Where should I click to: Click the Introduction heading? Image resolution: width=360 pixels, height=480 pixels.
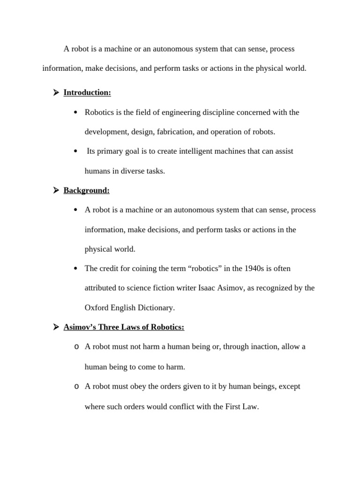coord(87,92)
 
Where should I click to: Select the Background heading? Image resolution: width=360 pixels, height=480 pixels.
coord(86,190)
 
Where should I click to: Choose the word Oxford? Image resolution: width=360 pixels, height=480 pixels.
coord(96,308)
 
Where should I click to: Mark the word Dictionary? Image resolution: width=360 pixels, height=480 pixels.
coord(156,308)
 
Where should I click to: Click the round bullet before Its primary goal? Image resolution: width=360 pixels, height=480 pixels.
coord(75,151)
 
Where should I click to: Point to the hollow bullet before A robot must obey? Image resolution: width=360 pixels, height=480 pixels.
coord(76,387)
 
